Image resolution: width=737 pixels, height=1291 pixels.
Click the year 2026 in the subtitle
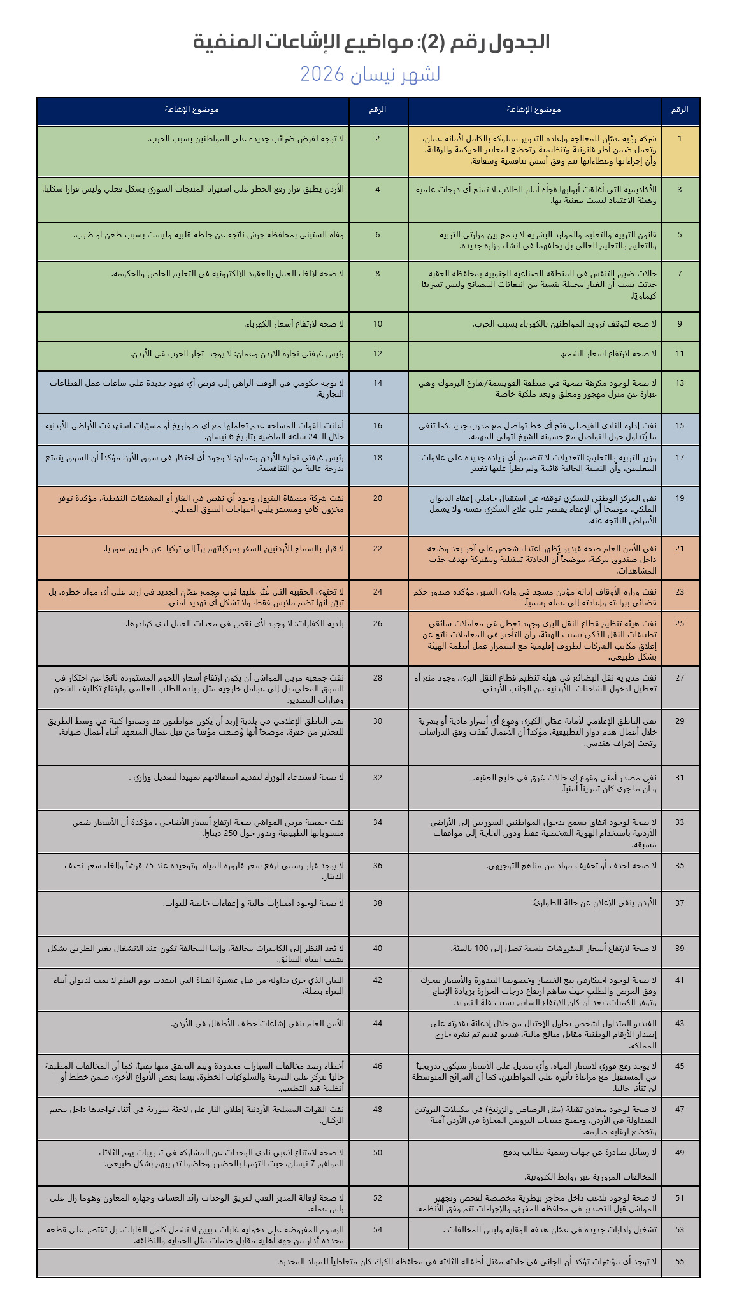(x=322, y=74)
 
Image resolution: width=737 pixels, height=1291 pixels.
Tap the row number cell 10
(x=378, y=324)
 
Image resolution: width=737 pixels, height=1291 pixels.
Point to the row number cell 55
(x=680, y=1261)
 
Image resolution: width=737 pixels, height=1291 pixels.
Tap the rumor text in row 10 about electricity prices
(x=294, y=324)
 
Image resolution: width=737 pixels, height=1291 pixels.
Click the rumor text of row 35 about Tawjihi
(x=571, y=865)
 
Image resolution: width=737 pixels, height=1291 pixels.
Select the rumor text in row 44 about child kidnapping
(x=257, y=1024)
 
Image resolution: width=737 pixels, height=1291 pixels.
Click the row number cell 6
(x=378, y=235)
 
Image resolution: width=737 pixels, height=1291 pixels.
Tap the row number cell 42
(x=378, y=980)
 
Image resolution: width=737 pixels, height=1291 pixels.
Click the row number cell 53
(x=680, y=1229)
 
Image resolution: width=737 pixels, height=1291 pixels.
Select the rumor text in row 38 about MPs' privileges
(x=254, y=903)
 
